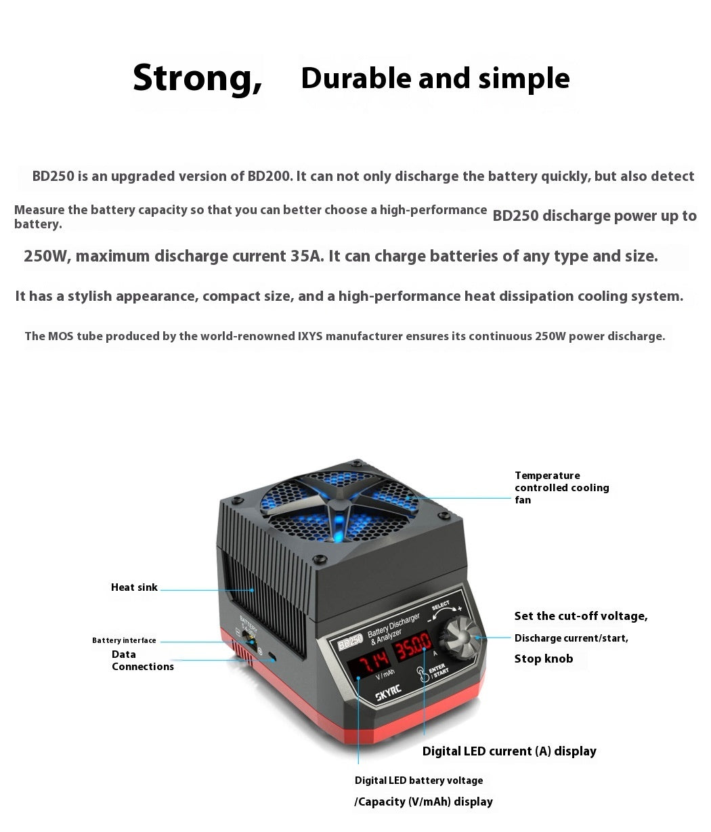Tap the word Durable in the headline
tap(356, 79)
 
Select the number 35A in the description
tap(306, 256)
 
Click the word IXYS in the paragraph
tap(315, 336)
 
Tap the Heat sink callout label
tap(134, 587)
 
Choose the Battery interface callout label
tap(124, 640)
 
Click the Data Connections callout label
tap(142, 661)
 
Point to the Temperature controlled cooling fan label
tap(561, 487)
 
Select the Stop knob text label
tap(543, 659)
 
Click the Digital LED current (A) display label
tap(509, 751)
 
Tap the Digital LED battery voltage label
tap(418, 781)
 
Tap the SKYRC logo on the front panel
tap(388, 696)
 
